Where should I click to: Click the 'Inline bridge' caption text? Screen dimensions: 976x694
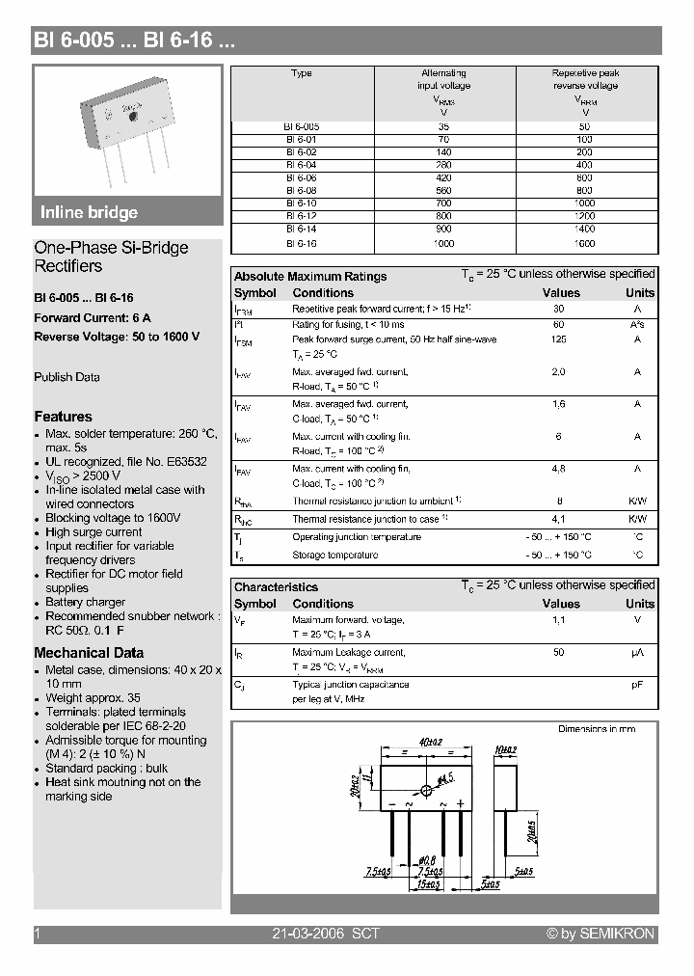click(x=89, y=213)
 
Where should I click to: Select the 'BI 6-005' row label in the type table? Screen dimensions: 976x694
click(x=302, y=126)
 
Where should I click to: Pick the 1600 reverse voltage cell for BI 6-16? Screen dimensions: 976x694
click(x=585, y=244)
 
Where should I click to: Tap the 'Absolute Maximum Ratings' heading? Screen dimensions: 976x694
click(x=310, y=277)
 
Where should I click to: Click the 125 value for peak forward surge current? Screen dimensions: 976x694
click(x=558, y=339)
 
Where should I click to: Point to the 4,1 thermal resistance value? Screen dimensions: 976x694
click(x=558, y=519)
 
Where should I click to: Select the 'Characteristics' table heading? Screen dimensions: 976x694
click(x=276, y=587)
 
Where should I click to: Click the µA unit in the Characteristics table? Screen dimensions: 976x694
click(x=637, y=653)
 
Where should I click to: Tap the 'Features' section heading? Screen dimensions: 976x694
click(x=63, y=417)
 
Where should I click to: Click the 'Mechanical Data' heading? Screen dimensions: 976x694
click(x=89, y=653)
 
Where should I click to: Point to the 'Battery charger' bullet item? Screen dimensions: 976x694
click(x=85, y=602)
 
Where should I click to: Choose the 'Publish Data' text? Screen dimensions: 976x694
click(x=67, y=377)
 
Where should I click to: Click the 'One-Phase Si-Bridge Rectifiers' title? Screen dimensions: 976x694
click(x=111, y=257)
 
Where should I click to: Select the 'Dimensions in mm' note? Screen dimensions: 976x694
click(x=597, y=729)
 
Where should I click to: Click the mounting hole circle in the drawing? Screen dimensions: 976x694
click(x=427, y=791)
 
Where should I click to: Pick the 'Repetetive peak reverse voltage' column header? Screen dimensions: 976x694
click(x=585, y=79)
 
